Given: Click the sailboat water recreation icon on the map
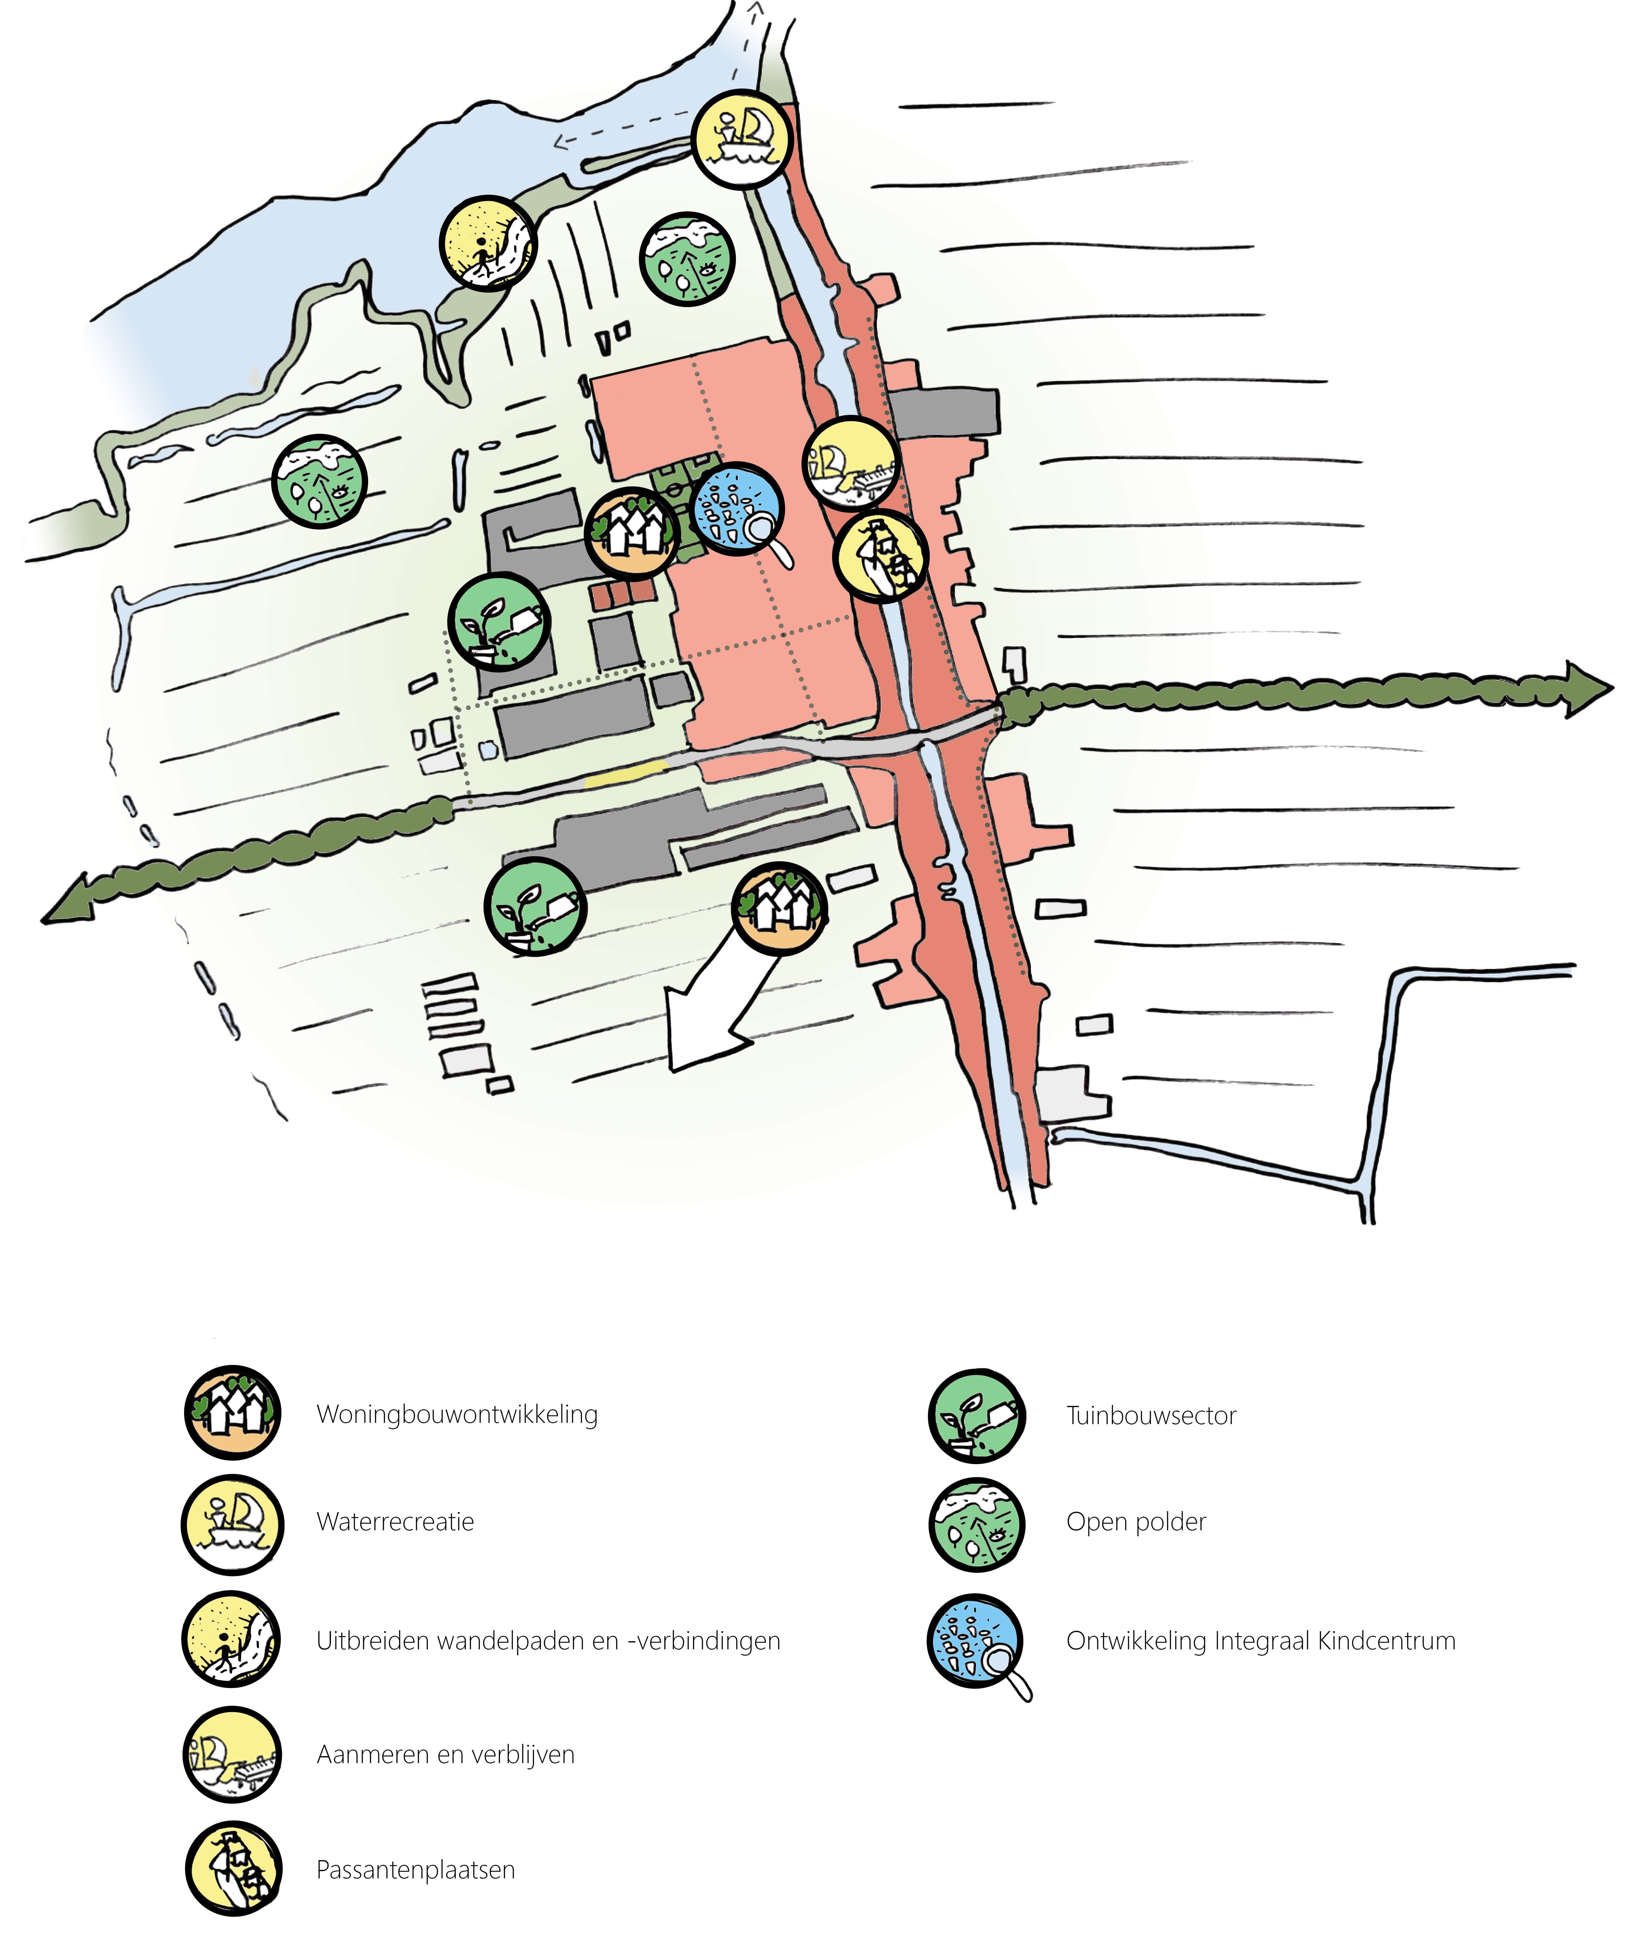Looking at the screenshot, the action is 742,140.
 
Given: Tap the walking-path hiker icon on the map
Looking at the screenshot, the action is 488,243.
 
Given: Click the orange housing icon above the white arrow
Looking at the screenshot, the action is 779,908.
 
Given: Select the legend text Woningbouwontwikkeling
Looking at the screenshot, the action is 457,1414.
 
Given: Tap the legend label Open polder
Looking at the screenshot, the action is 1136,1522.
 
